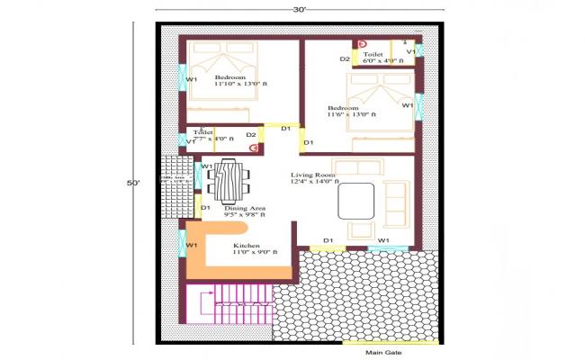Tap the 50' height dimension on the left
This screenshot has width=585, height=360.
point(133,183)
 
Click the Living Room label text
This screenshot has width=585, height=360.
point(312,175)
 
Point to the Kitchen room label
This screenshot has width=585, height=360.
point(247,246)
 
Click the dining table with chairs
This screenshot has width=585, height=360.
point(230,180)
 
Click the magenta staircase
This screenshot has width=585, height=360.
point(230,305)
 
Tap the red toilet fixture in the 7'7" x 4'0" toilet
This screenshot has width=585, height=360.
point(255,146)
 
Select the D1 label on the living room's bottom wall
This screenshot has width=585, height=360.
point(328,239)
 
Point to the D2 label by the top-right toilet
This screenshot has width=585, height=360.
point(345,59)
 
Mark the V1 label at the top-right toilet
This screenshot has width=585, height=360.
point(410,52)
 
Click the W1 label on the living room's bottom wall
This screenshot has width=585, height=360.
point(383,239)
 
